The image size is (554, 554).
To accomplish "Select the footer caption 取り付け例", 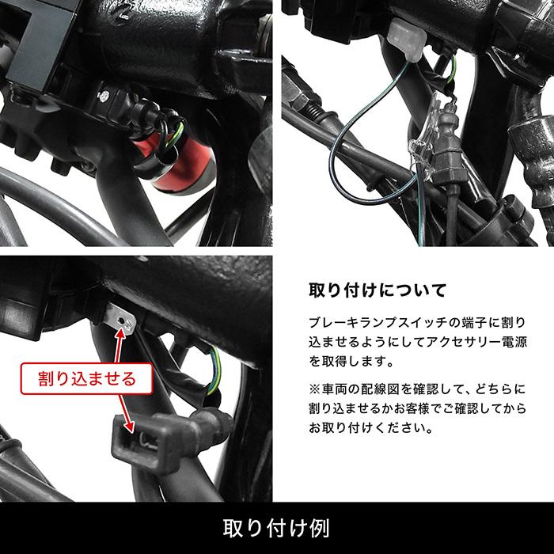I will [x=276, y=527].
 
